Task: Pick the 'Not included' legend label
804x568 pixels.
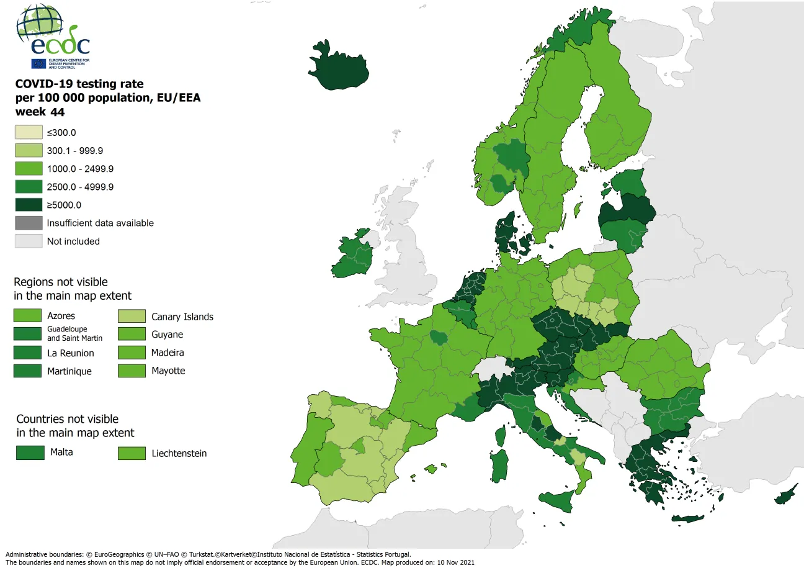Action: click(x=73, y=241)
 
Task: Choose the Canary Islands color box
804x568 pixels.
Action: click(x=132, y=317)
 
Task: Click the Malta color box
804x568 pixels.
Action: click(x=29, y=453)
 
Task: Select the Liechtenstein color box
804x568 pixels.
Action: click(x=132, y=453)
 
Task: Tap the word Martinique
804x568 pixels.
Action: click(x=69, y=371)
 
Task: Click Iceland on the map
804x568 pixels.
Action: click(x=339, y=65)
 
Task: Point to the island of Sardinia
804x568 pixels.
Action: click(x=498, y=465)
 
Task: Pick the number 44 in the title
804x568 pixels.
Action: click(x=58, y=112)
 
